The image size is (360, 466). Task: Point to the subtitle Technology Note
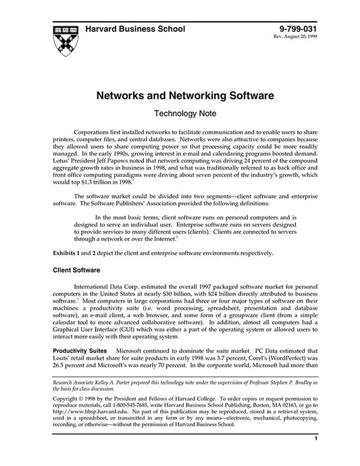click(180, 115)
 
